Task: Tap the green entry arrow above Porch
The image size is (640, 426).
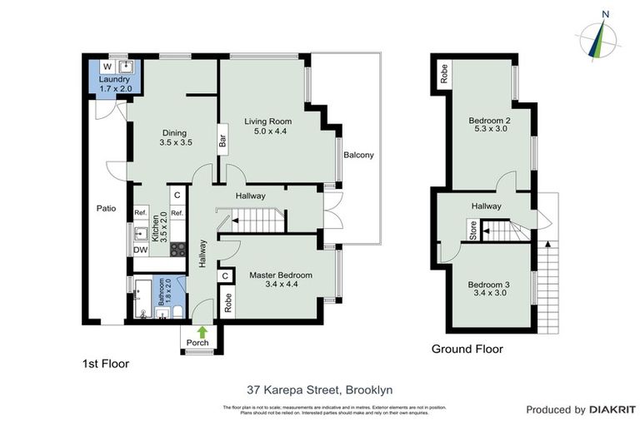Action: tap(202, 330)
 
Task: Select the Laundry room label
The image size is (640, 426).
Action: tap(116, 80)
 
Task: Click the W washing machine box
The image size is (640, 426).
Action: tap(107, 67)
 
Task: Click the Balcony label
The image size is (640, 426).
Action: tap(358, 155)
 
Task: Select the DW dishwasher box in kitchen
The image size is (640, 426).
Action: tap(141, 250)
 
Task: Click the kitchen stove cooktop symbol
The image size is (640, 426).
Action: tap(178, 248)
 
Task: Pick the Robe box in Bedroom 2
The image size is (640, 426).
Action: tap(444, 69)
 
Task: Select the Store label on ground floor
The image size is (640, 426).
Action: tap(473, 231)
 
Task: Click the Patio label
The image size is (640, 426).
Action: tap(105, 209)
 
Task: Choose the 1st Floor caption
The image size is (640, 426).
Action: tap(105, 364)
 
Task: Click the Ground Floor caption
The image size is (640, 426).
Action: tap(467, 349)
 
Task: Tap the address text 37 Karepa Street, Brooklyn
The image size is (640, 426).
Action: tap(320, 389)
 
